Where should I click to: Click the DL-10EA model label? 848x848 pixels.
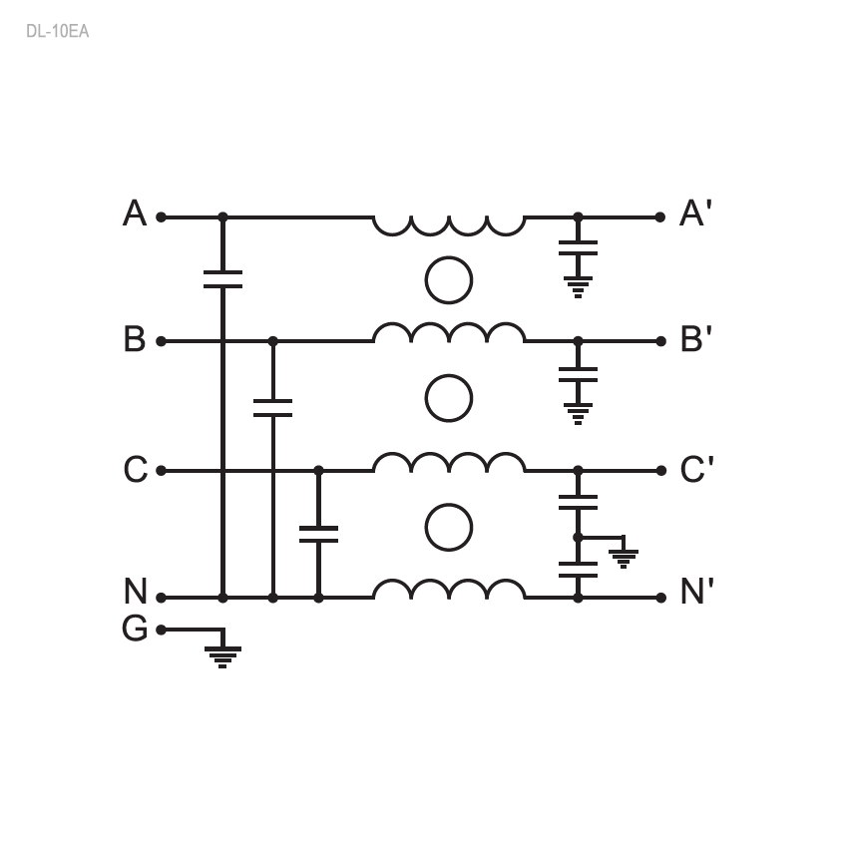57,31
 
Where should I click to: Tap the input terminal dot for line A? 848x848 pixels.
162,216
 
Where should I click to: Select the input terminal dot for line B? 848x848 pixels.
162,341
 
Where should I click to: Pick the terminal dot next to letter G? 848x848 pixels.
162,631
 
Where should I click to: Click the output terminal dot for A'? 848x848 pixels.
659,216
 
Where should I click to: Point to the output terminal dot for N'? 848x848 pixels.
660,598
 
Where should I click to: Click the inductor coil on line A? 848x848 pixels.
449,226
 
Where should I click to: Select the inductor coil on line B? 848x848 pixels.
449,332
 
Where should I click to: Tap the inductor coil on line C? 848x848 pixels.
449,462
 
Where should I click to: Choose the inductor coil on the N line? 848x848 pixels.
449,589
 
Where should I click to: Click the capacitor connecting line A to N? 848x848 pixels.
222,279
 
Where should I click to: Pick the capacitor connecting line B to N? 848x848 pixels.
272,408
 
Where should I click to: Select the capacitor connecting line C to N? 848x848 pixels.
318,534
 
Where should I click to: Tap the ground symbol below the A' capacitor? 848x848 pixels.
578,287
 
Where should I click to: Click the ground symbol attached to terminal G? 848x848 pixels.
222,657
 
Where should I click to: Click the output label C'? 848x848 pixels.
696,470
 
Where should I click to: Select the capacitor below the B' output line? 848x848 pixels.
578,375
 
